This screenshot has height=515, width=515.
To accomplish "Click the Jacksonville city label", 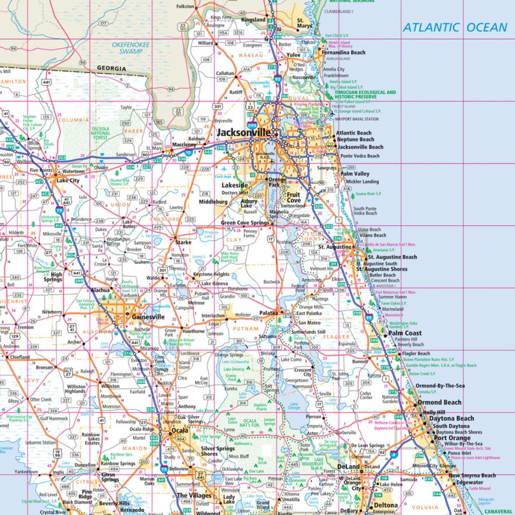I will tap(243, 132).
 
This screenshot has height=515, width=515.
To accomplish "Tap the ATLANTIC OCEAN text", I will tap(455, 27).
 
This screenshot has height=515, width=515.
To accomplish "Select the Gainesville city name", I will tap(148, 317).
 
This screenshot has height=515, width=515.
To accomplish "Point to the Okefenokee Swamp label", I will tap(131, 48).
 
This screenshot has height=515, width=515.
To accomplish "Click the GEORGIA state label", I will tap(111, 68).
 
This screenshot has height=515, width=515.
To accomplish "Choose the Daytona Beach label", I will tap(451, 419).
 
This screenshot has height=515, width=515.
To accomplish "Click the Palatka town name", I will tap(268, 312).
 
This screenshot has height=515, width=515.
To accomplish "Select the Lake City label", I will tap(68, 181).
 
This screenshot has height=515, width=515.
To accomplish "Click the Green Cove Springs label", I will tap(245, 223).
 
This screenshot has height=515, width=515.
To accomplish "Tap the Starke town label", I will tap(183, 242).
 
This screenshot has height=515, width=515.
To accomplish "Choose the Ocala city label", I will tap(180, 430).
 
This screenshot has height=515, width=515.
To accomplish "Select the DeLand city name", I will tap(348, 467).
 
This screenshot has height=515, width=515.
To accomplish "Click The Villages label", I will tap(194, 495).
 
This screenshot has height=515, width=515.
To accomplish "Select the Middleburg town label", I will tap(214, 202).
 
